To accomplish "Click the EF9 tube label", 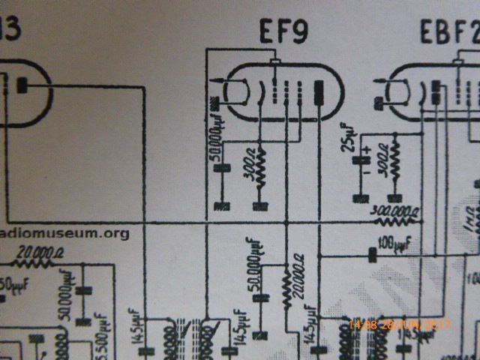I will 283,31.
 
